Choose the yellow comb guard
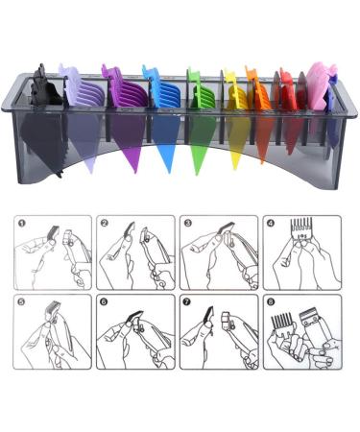click(232, 96)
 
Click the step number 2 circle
click(105, 224)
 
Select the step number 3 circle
click(188, 224)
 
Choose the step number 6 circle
click(105, 303)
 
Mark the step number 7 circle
click(188, 303)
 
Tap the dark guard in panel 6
click(135, 318)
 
